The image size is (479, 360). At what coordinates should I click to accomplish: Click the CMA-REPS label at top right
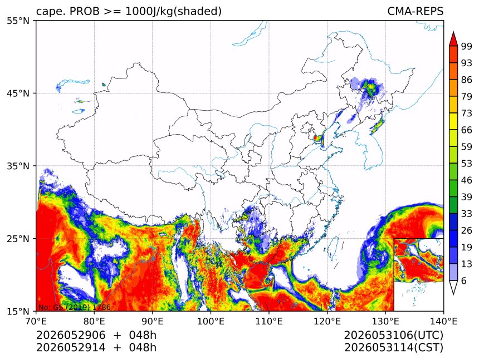(x=415, y=11)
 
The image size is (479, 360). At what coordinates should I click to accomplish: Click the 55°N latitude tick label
(x=18, y=21)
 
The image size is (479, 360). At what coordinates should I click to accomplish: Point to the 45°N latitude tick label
(x=18, y=93)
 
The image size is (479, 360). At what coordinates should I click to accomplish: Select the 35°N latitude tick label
(x=18, y=166)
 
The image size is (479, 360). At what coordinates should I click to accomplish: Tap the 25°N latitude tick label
(x=18, y=239)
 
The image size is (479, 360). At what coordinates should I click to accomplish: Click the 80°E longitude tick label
(x=94, y=321)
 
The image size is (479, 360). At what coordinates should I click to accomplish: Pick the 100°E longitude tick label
(x=211, y=321)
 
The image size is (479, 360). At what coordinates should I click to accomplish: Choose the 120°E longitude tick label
(x=327, y=321)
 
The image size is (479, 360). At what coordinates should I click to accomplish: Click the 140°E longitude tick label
(x=443, y=321)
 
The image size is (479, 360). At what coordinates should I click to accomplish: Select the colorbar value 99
(x=467, y=46)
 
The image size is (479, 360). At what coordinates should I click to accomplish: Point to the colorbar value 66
(x=467, y=130)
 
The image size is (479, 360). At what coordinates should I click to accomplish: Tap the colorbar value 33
(x=467, y=214)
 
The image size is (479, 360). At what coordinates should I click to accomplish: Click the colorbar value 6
(x=464, y=280)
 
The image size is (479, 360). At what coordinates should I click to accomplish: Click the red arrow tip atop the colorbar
(x=453, y=32)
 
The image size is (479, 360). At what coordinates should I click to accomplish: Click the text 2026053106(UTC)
(x=393, y=336)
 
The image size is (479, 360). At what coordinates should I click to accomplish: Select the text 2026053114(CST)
(x=393, y=348)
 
